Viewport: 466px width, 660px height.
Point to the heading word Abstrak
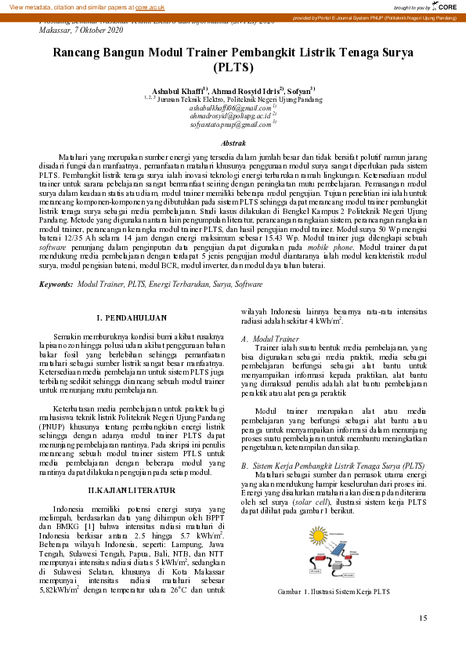coord(233,144)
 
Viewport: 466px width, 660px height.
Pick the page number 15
coord(423,618)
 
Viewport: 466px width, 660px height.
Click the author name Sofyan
coord(299,91)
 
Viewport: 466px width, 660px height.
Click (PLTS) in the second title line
coord(233,68)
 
